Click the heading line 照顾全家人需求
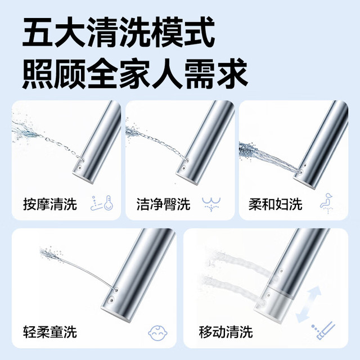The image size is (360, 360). pyautogui.click(x=135, y=74)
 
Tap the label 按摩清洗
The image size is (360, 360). pyautogui.click(x=50, y=204)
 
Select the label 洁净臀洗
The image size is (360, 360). pyautogui.click(x=163, y=204)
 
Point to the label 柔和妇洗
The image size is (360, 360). pyautogui.click(x=275, y=204)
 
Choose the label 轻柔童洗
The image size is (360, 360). pyautogui.click(x=50, y=332)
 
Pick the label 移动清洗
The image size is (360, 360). pyautogui.click(x=226, y=332)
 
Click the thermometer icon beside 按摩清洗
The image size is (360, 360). pyautogui.click(x=102, y=203)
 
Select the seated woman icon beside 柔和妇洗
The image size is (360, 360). pyautogui.click(x=327, y=204)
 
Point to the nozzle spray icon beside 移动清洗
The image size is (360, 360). pyautogui.click(x=323, y=331)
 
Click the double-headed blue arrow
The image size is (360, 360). pyautogui.click(x=308, y=304)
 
